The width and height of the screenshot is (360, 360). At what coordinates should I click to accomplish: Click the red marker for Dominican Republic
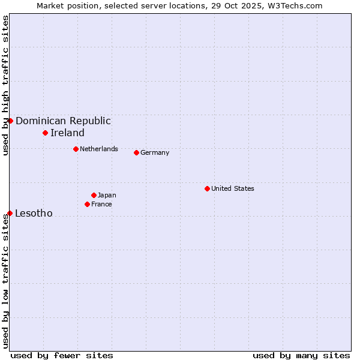tap(10, 121)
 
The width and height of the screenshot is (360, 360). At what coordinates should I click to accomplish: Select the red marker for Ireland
tap(45, 133)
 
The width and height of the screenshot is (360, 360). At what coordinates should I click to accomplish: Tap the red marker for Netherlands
tap(76, 149)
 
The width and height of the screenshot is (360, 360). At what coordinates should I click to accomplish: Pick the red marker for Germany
tap(136, 152)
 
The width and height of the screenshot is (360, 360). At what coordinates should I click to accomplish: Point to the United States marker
tap(207, 188)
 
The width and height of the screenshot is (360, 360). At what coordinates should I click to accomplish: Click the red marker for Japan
tap(94, 195)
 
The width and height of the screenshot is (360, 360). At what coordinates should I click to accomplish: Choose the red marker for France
tap(87, 204)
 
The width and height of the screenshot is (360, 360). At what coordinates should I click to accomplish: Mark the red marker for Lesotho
tap(10, 213)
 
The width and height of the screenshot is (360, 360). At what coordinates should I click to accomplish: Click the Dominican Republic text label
tap(63, 121)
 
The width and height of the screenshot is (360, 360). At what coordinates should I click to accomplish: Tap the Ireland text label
tap(67, 133)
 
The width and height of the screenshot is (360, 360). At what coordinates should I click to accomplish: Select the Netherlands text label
tap(99, 149)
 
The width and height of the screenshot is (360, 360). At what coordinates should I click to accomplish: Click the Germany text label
tap(155, 152)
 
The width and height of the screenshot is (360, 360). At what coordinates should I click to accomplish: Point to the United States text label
tap(233, 188)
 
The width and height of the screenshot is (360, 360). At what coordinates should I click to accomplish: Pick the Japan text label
tap(107, 195)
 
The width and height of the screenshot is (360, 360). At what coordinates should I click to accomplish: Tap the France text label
tap(101, 204)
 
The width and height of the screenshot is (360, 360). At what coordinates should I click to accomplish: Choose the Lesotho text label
tap(34, 213)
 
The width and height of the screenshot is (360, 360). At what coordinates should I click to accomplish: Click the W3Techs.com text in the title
tap(295, 5)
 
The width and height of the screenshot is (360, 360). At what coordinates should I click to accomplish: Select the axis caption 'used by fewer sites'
tap(62, 355)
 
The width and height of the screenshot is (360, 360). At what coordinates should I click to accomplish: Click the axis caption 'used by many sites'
tap(301, 355)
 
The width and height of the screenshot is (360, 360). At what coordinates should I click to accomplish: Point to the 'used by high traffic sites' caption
tap(5, 85)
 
